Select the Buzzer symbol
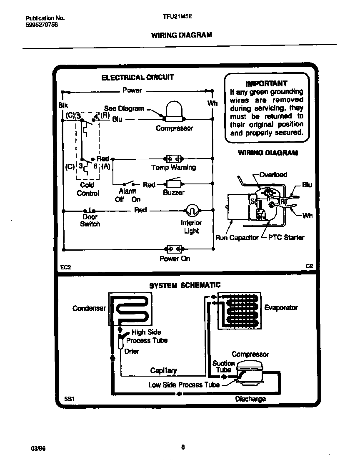click(x=173, y=184)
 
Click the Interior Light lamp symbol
click(x=191, y=210)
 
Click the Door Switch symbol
click(x=90, y=211)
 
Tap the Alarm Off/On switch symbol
click(x=128, y=183)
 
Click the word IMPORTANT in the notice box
click(x=267, y=83)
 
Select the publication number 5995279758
click(x=42, y=25)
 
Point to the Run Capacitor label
click(x=237, y=238)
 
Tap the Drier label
click(x=132, y=352)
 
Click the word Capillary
click(x=163, y=370)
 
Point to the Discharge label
click(x=250, y=399)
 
